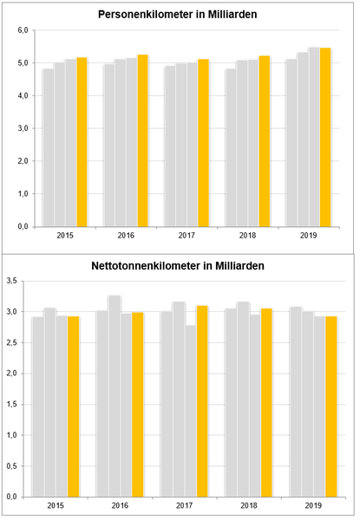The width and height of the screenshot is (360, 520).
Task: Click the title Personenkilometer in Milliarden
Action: pyautogui.click(x=178, y=15)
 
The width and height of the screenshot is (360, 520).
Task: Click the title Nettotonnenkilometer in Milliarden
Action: pyautogui.click(x=178, y=266)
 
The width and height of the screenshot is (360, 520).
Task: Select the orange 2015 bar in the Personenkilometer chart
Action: pyautogui.click(x=82, y=142)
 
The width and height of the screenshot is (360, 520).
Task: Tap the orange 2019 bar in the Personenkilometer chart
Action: pyautogui.click(x=325, y=137)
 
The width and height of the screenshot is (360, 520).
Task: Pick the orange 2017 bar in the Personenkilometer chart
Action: pyautogui.click(x=203, y=143)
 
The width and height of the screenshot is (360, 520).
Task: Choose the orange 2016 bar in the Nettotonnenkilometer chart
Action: pyautogui.click(x=138, y=405)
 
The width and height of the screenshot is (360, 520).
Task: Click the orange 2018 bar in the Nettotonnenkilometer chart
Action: pyautogui.click(x=266, y=403)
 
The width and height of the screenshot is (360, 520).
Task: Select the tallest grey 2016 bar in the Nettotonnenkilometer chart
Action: pyautogui.click(x=115, y=396)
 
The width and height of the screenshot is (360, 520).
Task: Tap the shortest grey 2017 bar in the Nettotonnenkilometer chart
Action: pyautogui.click(x=191, y=411)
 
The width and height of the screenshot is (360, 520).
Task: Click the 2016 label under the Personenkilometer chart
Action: pyautogui.click(x=126, y=236)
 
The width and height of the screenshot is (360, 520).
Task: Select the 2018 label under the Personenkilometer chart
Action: pyautogui.click(x=247, y=236)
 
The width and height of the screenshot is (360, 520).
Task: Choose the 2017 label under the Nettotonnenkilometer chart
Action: pyautogui.click(x=184, y=506)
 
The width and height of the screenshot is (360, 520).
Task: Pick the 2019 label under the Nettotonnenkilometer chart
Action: pyautogui.click(x=313, y=506)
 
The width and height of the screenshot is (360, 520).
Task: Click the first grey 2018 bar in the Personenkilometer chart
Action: pyautogui.click(x=231, y=148)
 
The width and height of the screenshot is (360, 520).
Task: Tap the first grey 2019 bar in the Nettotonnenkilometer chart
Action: pyautogui.click(x=296, y=402)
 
